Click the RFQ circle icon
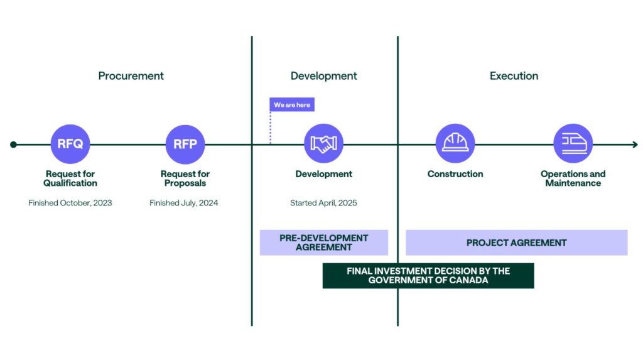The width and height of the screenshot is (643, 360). pyautogui.click(x=70, y=144)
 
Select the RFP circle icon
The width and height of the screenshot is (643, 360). pyautogui.click(x=185, y=144)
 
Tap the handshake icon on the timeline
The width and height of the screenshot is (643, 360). pyautogui.click(x=323, y=144)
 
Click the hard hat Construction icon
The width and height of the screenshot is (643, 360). pyautogui.click(x=455, y=144)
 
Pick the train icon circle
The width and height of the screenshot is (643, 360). pyautogui.click(x=573, y=144)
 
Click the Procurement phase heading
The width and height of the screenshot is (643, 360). pyautogui.click(x=131, y=76)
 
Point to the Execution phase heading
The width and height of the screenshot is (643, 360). pyautogui.click(x=514, y=76)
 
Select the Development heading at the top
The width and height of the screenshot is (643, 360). pyautogui.click(x=323, y=76)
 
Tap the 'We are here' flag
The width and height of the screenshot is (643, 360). pyautogui.click(x=292, y=105)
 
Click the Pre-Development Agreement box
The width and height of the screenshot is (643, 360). pyautogui.click(x=324, y=243)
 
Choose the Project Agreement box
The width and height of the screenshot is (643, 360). pyautogui.click(x=516, y=243)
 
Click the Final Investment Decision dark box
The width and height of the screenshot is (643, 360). pyautogui.click(x=428, y=276)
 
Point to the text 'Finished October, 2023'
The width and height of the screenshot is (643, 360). pyautogui.click(x=70, y=203)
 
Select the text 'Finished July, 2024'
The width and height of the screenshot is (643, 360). pyautogui.click(x=184, y=203)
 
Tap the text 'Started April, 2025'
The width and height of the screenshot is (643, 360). pyautogui.click(x=323, y=203)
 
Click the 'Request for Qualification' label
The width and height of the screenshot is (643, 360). pyautogui.click(x=70, y=178)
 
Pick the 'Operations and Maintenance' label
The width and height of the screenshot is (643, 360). pyautogui.click(x=573, y=178)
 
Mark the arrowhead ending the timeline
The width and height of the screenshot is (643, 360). pyautogui.click(x=634, y=145)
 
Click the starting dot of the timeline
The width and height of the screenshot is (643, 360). pyautogui.click(x=13, y=145)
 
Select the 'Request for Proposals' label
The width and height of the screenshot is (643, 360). pyautogui.click(x=185, y=178)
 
